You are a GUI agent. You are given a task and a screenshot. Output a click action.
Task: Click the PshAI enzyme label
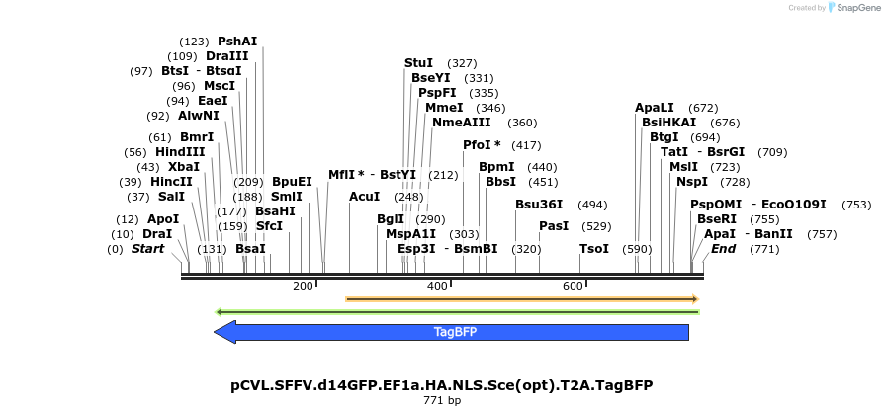[237, 42]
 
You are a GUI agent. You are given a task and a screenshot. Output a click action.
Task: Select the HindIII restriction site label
[180, 152]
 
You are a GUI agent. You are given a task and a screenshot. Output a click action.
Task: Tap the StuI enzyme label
[419, 63]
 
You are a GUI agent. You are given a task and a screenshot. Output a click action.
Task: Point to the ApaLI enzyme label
[655, 108]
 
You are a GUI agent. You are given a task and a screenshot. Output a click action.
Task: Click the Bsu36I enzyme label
[539, 205]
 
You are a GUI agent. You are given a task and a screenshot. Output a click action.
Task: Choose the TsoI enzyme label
[594, 249]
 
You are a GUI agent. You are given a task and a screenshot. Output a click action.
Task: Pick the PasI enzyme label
[554, 226]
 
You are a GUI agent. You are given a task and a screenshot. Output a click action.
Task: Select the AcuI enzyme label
[365, 197]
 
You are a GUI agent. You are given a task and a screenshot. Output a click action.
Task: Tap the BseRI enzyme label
[717, 219]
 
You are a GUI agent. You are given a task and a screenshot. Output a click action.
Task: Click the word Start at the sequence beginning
[147, 249]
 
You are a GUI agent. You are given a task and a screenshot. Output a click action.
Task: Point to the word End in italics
[724, 249]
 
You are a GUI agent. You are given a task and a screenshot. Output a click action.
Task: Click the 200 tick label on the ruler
[303, 286]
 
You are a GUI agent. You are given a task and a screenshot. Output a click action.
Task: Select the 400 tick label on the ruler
[437, 286]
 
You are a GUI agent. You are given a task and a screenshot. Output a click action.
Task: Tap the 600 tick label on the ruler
[573, 286]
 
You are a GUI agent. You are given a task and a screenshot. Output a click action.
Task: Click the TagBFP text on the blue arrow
[455, 333]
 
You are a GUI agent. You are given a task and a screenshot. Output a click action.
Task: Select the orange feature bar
[522, 298]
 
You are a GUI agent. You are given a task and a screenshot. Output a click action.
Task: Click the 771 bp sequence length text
[441, 401]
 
